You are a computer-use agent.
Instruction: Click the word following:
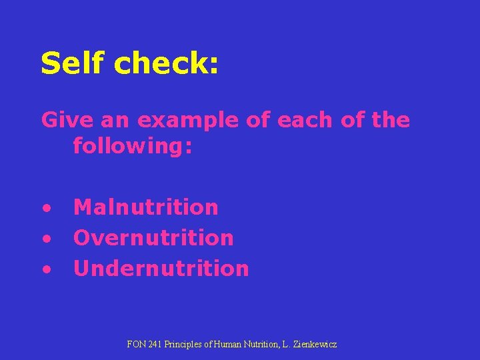coord(133,145)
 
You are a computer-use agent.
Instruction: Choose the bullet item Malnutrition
coord(146,207)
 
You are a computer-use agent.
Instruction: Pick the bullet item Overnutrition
coord(153,237)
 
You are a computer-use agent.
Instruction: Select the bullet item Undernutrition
coord(161,268)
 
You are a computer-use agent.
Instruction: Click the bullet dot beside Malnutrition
coord(47,208)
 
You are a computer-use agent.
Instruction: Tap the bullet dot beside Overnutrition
coord(47,239)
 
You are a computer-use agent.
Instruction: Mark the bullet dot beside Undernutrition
coord(47,269)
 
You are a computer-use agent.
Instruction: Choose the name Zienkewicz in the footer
coord(315,345)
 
